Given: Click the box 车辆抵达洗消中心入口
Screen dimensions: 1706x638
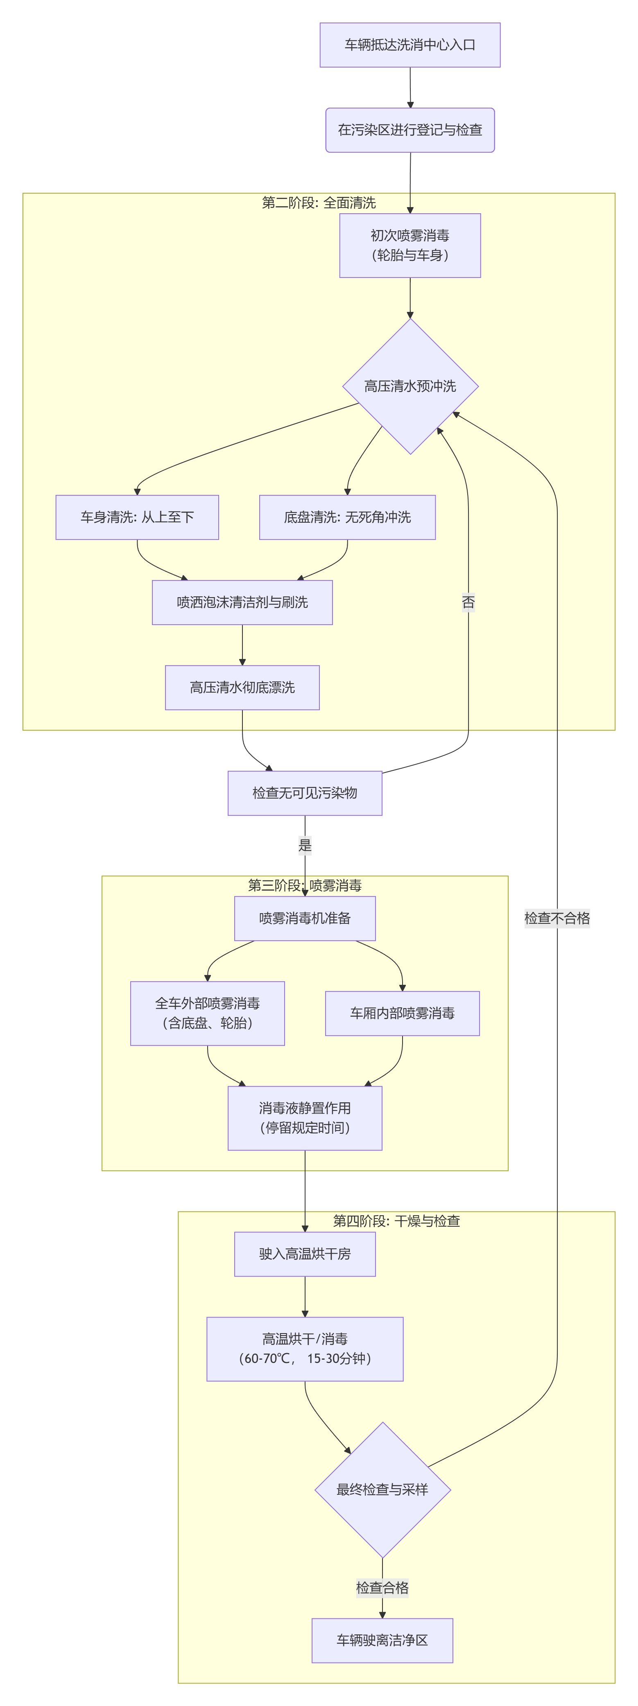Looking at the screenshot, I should (x=409, y=45).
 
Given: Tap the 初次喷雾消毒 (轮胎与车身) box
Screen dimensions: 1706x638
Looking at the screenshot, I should (x=409, y=245).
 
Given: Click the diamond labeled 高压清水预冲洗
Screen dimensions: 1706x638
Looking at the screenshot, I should (x=410, y=386).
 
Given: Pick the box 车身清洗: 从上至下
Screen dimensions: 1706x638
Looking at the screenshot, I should (x=137, y=517).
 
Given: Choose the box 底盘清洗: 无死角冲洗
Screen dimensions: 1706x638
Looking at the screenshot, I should (x=347, y=517).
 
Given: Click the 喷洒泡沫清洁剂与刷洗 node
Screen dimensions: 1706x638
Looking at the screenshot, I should (x=242, y=603).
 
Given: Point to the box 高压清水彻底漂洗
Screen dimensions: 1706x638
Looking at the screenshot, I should (x=242, y=687).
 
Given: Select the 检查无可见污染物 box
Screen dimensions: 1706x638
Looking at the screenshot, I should (x=305, y=793).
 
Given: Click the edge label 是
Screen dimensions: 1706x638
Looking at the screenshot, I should (x=305, y=845).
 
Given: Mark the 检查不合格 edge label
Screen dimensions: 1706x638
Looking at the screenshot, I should (x=557, y=918).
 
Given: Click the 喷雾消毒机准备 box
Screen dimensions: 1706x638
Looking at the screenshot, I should (x=305, y=918).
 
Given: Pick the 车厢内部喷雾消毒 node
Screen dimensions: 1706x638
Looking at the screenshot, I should (x=402, y=1013).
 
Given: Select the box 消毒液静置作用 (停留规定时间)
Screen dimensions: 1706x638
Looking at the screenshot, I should (x=305, y=1118).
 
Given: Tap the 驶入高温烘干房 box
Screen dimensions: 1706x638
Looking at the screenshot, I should (x=305, y=1254).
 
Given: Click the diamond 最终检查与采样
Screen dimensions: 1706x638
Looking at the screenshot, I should (x=382, y=1489).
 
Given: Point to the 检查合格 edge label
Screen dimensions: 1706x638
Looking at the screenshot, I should (x=382, y=1587).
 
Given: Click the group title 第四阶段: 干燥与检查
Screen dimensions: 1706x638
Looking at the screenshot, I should (x=396, y=1221).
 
